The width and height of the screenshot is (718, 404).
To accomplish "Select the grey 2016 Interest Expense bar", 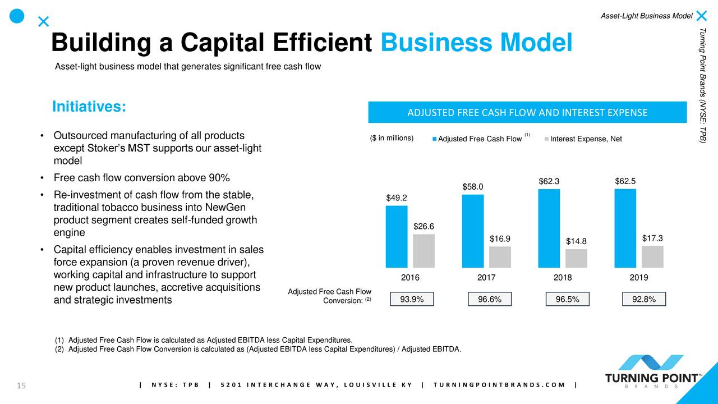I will tap(424, 250).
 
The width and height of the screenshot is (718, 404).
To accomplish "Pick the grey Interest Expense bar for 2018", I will tap(576, 258).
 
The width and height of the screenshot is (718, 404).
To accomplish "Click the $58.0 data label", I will tap(473, 186).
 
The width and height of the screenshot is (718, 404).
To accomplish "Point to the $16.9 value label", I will tap(500, 239).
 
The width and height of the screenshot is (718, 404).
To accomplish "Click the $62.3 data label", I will tap(549, 181).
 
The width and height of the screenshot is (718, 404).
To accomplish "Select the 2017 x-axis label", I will tap(486, 278).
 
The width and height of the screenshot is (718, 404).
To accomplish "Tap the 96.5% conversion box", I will tap(568, 300).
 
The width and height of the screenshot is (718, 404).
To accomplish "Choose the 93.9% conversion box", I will tap(412, 300).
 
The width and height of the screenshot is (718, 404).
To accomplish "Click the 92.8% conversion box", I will tap(644, 300).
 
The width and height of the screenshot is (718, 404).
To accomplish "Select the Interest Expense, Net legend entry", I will tap(585, 139).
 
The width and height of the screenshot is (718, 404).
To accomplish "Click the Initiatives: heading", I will tap(89, 107).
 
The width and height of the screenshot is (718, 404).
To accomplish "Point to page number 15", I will tap(22, 385).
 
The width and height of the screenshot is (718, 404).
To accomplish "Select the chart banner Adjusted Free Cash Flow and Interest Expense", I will tap(527, 112).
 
